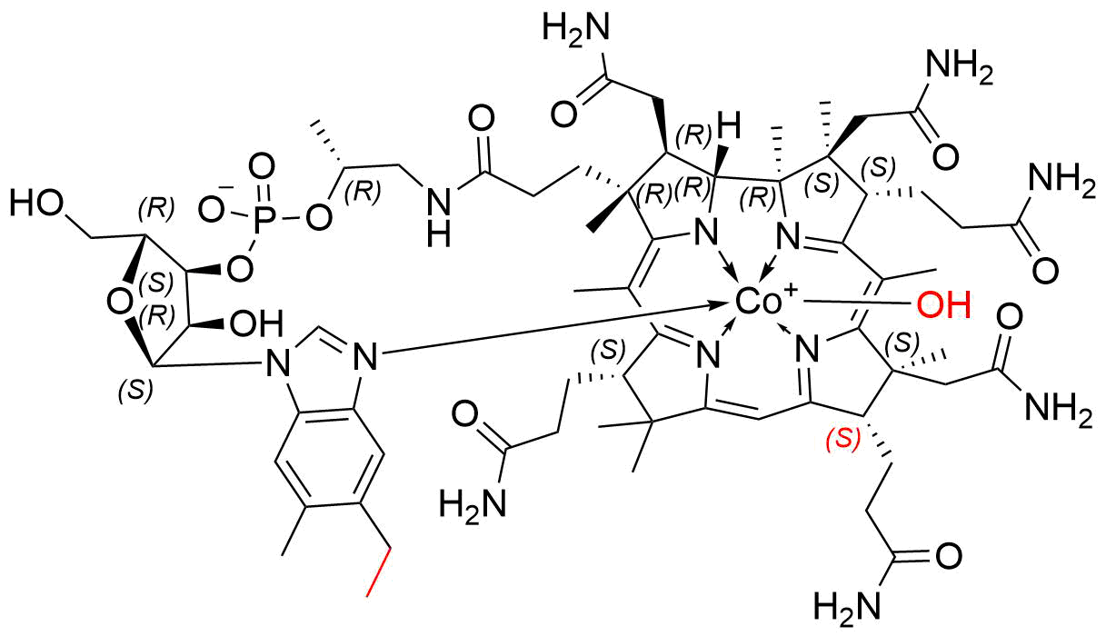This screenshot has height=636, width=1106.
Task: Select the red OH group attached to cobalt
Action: pyautogui.click(x=943, y=305)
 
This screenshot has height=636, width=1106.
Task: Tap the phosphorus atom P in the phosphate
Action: pyautogui.click(x=265, y=217)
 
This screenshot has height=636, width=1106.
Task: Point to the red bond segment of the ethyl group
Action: pyautogui.click(x=379, y=571)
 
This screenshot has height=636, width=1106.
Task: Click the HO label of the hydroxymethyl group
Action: pyautogui.click(x=37, y=204)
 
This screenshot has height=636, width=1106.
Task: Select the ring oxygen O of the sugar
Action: pyautogui.click(x=119, y=303)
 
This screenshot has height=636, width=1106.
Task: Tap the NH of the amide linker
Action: pyautogui.click(x=438, y=217)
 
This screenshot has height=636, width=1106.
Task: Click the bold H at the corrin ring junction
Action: pyautogui.click(x=728, y=125)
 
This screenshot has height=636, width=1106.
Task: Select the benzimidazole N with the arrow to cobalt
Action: pyautogui.click(x=365, y=356)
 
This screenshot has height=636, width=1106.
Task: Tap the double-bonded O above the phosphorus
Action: pyautogui.click(x=261, y=167)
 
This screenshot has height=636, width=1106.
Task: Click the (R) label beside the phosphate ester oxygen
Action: pyautogui.click(x=365, y=192)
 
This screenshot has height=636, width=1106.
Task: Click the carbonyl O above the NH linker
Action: pyautogui.click(x=481, y=119)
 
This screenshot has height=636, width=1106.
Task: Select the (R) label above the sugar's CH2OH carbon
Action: pyautogui.click(x=157, y=209)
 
